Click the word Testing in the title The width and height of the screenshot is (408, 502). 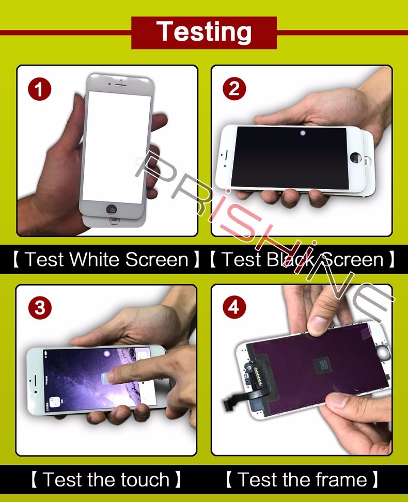coord(203,32)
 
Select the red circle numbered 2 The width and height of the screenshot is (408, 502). coord(234,88)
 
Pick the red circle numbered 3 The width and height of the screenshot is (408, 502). coord(40,308)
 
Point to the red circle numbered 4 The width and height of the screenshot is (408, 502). coord(234,307)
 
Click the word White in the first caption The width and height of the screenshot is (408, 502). coord(95,259)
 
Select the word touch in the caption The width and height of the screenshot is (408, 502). coord(144,480)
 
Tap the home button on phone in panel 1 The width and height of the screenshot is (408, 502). coord(112,209)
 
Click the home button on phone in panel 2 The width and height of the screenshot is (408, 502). coord(355,157)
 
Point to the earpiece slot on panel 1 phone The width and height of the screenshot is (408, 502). coord(121,85)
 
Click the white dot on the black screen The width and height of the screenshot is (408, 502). coord(303,133)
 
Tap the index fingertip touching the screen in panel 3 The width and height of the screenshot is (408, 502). coord(111,377)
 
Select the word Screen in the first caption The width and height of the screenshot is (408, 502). coord(156,259)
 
